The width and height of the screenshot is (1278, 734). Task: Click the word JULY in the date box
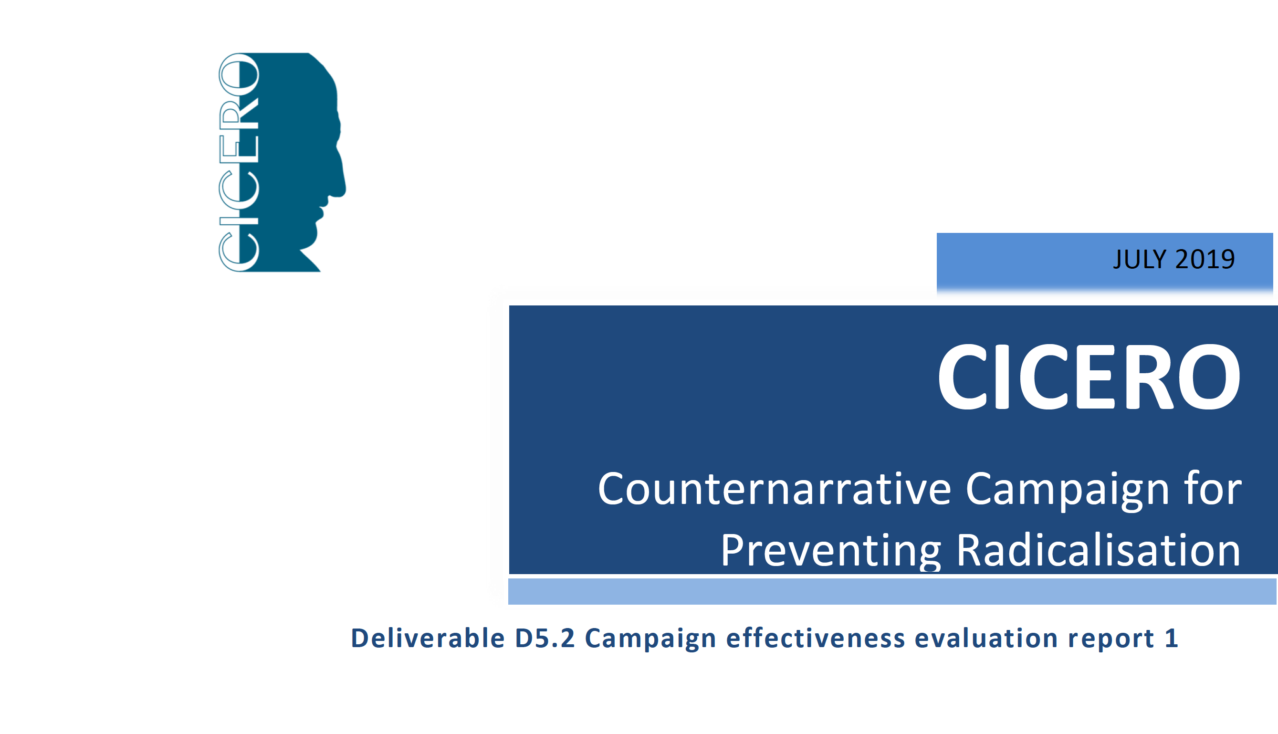[x=1141, y=259]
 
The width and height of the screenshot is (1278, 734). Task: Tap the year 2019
[x=1205, y=259]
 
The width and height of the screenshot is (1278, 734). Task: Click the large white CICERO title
[x=1089, y=377]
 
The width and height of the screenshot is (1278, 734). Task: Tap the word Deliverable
[x=428, y=638]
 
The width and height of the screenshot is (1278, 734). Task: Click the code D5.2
[x=545, y=638]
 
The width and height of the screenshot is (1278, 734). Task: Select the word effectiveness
[x=816, y=638]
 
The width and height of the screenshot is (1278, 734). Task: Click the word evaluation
[x=986, y=638]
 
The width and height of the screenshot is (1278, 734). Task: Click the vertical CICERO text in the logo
[x=239, y=162]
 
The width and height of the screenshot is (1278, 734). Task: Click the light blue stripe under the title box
[x=892, y=591]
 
